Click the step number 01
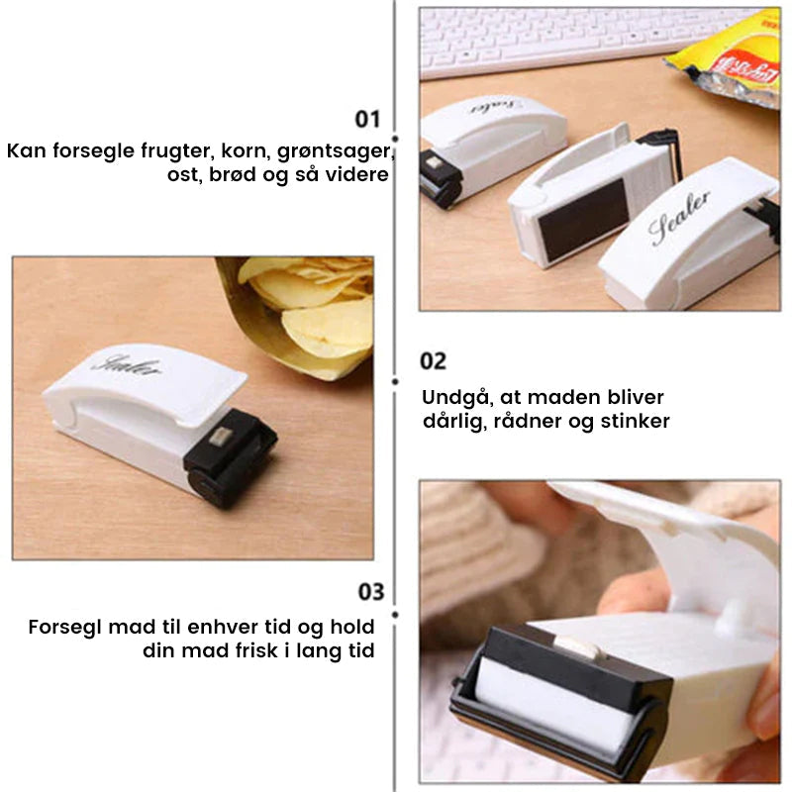367,119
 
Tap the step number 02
433,361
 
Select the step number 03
371,591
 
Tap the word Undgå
457,398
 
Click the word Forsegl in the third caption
65,628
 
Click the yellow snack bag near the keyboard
731,58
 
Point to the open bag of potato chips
298,316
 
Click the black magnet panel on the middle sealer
582,220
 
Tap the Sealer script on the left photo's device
128,365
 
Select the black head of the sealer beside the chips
230,457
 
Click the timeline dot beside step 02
395,382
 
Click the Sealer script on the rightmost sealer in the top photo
679,217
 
